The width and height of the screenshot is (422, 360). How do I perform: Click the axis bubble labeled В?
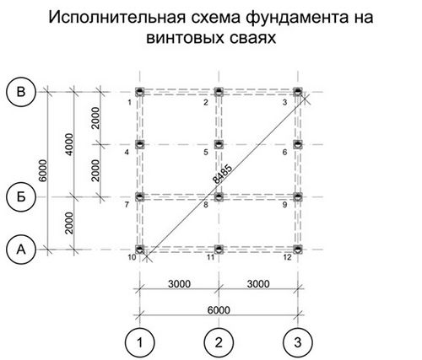pos(21,92)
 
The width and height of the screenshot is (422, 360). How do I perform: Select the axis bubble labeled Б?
pos(21,197)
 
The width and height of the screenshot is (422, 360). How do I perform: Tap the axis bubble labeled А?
pos(21,250)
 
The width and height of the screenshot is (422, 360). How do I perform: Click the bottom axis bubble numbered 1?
pos(140,342)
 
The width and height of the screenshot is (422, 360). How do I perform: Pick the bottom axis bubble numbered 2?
pos(219,342)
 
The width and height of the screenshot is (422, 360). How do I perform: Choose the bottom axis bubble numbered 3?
pos(298,342)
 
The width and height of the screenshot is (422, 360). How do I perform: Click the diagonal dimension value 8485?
pos(223,175)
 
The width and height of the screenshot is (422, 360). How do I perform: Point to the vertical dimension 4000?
pos(69,144)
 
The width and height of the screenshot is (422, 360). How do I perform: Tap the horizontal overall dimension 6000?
pos(219,310)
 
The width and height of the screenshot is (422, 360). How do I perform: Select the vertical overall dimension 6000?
pos(43,170)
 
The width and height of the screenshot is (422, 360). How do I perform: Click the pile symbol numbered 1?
pos(140,92)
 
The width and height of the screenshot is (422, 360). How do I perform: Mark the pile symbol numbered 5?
pos(219,144)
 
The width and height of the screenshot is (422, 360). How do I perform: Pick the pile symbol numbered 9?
pos(298,197)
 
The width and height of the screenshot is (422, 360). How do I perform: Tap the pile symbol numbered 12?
pos(298,250)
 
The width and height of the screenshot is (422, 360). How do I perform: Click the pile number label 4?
pos(127,153)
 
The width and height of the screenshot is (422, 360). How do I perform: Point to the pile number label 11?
pos(211,257)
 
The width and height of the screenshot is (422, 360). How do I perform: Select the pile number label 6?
pos(285,153)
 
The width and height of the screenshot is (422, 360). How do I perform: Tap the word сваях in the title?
pos(252,38)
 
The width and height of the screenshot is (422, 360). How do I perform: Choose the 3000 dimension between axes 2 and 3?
pos(258,284)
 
